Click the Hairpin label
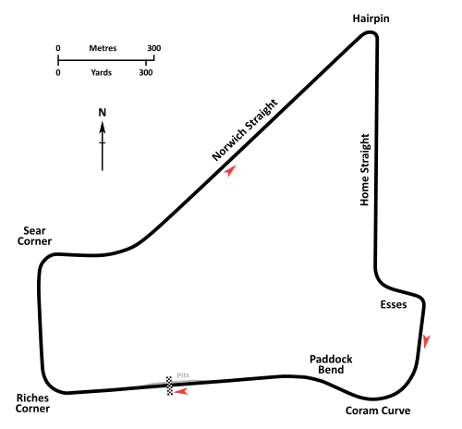[371, 18]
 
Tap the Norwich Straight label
[245, 129]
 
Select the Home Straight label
[365, 170]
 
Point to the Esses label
[394, 304]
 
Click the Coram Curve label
[378, 411]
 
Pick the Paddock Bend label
[331, 364]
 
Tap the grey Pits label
[183, 375]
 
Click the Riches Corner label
[32, 403]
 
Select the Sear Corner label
[34, 236]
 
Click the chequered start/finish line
[169, 386]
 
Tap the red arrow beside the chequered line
[181, 391]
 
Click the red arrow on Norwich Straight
[230, 171]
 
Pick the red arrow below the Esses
[426, 341]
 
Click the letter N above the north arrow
[103, 113]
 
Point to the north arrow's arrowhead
[103, 128]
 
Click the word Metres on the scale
[103, 48]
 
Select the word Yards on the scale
[102, 73]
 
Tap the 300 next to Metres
[154, 48]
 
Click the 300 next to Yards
[146, 73]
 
